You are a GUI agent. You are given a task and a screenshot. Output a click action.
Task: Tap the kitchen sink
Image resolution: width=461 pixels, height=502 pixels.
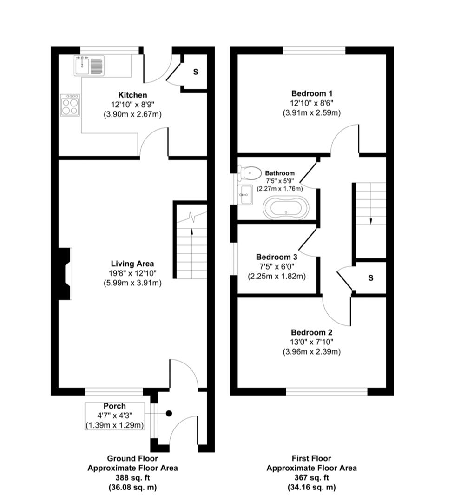89,66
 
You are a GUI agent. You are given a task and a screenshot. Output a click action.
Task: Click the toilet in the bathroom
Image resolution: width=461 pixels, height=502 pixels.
250,173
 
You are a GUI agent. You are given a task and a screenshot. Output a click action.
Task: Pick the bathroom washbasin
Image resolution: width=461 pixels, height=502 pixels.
245,194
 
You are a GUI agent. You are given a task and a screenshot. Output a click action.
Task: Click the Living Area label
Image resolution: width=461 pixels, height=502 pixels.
132,264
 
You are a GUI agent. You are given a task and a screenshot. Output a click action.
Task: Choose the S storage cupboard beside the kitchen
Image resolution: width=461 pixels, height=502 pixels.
195,72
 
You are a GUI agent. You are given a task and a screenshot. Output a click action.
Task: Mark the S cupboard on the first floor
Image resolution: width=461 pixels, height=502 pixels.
370,278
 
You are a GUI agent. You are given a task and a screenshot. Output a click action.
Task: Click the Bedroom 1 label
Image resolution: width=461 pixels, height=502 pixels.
311,93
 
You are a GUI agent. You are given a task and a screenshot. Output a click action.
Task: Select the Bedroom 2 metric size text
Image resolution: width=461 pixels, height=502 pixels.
311,352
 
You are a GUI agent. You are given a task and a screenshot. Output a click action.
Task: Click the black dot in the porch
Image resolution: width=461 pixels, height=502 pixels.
169,413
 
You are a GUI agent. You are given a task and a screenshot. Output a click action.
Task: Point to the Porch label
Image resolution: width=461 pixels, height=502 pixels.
114,406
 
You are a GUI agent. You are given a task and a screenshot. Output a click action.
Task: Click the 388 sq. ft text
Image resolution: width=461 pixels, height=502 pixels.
132,477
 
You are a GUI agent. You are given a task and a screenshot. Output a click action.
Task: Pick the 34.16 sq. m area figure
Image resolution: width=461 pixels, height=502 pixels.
311,487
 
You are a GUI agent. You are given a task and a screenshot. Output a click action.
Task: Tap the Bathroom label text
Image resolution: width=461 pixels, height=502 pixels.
280,173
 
